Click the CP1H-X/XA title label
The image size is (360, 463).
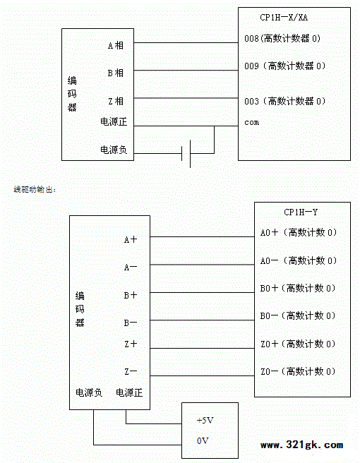point(284,18)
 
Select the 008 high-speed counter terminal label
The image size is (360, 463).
point(282,38)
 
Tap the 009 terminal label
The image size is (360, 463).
point(284,66)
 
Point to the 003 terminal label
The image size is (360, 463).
point(284,102)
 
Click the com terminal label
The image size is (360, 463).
point(251,122)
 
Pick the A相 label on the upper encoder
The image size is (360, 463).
point(116,45)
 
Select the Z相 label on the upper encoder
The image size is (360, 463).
point(116,102)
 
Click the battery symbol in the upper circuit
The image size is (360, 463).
point(186,154)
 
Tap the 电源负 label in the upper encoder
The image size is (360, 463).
point(114,150)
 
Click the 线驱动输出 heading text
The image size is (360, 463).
point(35,189)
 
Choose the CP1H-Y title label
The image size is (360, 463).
point(301,212)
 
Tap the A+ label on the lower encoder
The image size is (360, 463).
point(131,239)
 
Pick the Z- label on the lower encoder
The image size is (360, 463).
point(131,371)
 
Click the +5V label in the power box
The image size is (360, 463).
point(205,420)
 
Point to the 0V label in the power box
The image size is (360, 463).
point(203,441)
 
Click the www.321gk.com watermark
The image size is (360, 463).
point(302,445)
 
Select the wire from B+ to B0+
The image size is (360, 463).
point(202,293)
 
